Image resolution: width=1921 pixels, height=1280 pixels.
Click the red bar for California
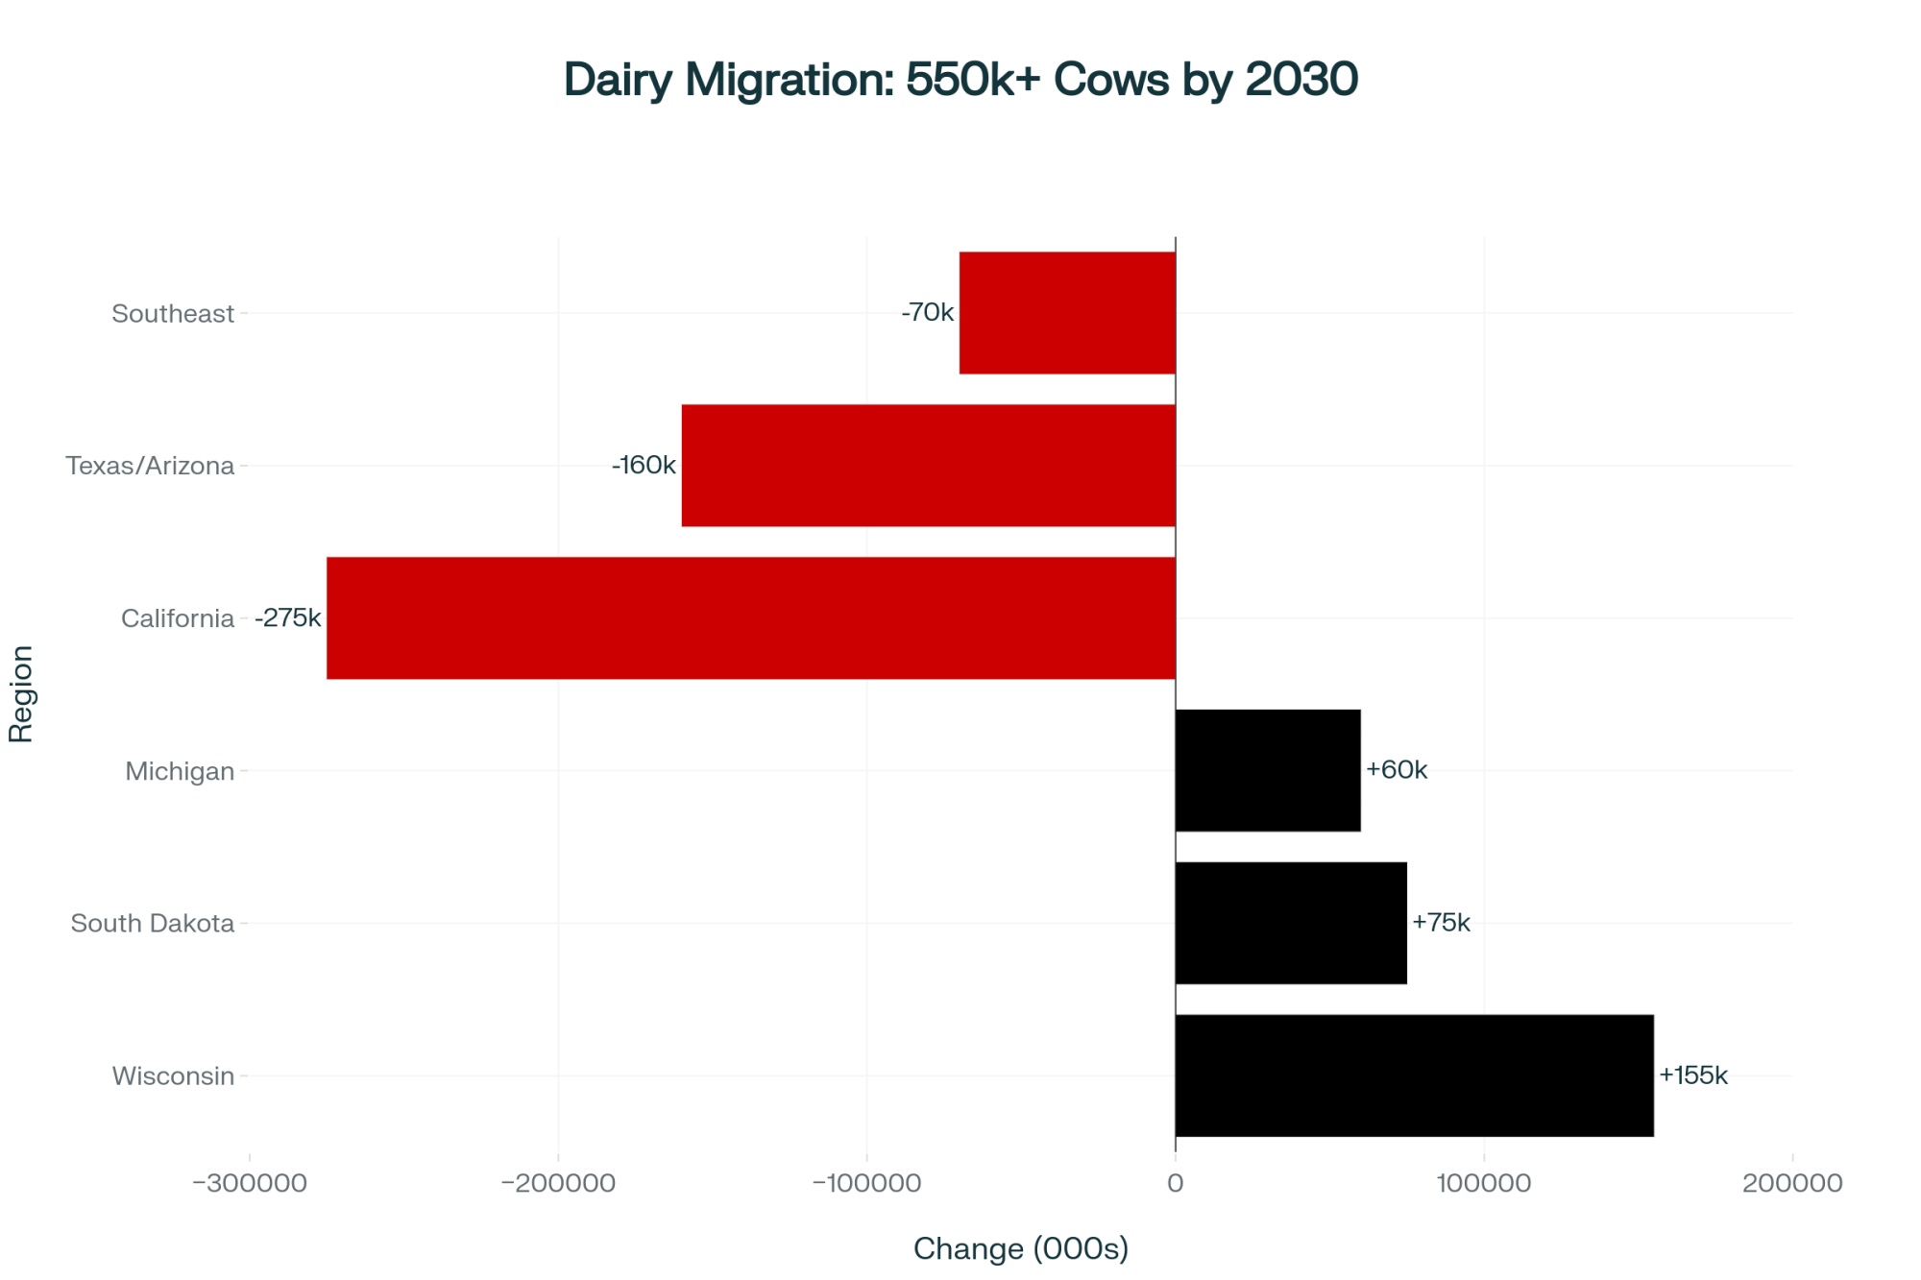point(750,617)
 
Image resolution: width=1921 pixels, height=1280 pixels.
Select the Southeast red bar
point(1067,313)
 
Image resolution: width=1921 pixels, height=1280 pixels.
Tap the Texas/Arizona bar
point(928,466)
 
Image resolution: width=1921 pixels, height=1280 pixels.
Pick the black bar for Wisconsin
point(1414,1075)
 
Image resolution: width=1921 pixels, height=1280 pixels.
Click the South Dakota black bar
point(1291,923)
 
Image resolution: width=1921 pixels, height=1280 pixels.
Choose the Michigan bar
point(1268,770)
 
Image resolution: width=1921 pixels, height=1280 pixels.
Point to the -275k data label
point(288,617)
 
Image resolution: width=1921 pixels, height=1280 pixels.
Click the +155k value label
point(1693,1075)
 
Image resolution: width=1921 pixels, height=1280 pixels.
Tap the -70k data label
point(928,312)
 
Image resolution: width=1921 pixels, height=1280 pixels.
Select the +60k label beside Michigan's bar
point(1397,770)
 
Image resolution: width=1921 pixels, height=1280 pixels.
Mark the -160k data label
point(644,465)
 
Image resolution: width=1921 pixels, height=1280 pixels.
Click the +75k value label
point(1441,923)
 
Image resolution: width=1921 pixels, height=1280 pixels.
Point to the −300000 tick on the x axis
point(250,1183)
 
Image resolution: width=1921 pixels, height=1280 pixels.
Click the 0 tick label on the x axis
point(1175,1183)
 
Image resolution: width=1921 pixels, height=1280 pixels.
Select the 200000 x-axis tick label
point(1792,1183)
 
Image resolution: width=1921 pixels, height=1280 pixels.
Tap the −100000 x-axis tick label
point(866,1183)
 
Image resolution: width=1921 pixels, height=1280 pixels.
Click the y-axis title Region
point(21,694)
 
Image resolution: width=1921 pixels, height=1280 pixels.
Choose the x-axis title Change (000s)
point(1021,1248)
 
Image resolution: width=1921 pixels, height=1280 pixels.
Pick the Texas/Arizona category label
point(150,466)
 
